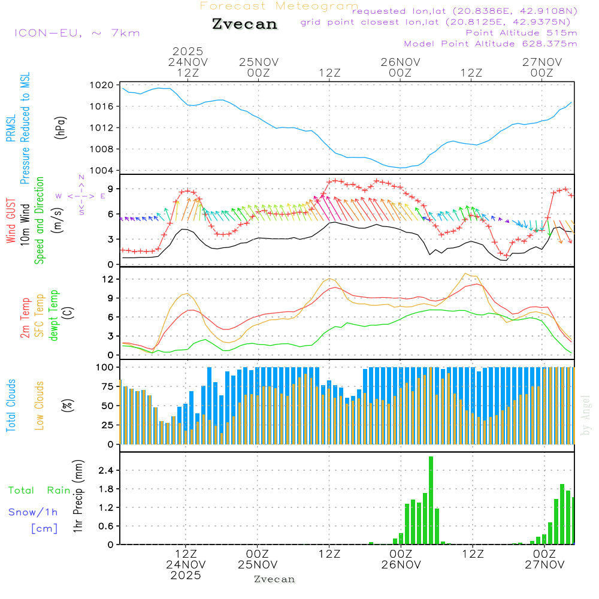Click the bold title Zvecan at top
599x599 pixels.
tap(244, 24)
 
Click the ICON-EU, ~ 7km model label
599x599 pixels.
tap(77, 32)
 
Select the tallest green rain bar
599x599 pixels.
tap(431, 500)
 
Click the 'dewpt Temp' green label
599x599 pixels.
tap(55, 316)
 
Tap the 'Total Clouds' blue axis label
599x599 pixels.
tap(11, 405)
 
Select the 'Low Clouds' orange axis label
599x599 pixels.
tap(40, 405)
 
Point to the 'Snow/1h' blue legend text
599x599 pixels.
tap(34, 512)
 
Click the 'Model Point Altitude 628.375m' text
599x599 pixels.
tap(490, 44)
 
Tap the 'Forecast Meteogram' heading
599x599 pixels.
tap(279, 6)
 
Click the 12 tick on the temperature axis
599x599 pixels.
tap(108, 279)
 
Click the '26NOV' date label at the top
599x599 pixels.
tap(400, 62)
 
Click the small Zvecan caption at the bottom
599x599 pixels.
tap(274, 579)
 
